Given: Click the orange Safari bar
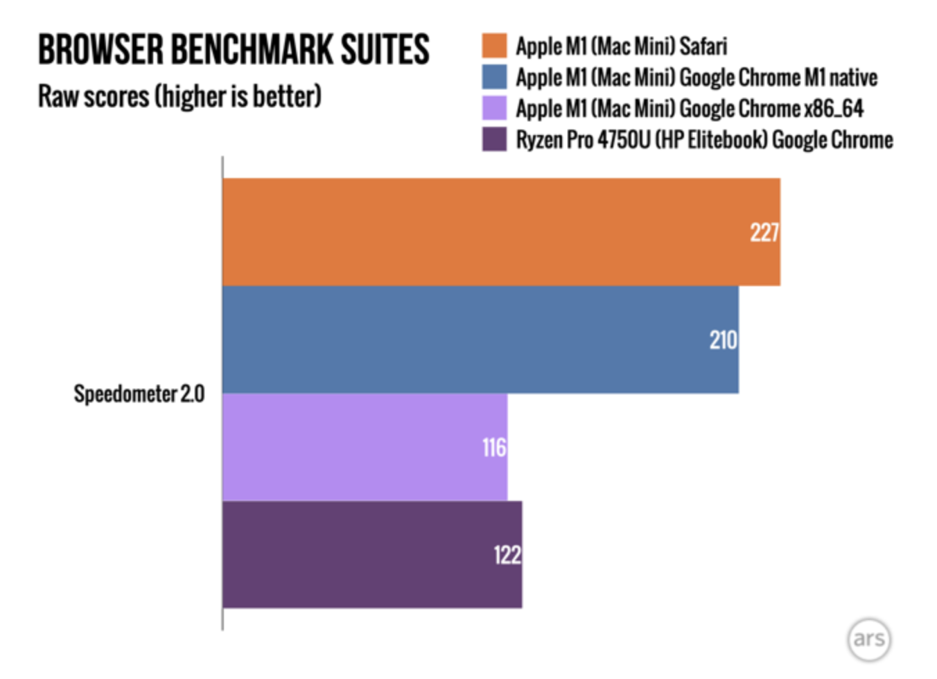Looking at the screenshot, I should click(x=485, y=231).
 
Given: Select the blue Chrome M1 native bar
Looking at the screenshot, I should click(x=471, y=339).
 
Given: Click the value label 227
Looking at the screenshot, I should click(x=764, y=232).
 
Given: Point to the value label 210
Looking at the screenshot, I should click(x=723, y=339).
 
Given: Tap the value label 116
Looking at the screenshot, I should click(x=494, y=448).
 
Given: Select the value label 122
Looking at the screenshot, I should click(x=507, y=555).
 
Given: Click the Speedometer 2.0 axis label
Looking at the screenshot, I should click(x=139, y=394).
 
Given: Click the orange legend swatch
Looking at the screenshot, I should click(x=494, y=46).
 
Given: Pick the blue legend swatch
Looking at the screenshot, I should click(x=494, y=77).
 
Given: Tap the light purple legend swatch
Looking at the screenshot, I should click(x=494, y=108).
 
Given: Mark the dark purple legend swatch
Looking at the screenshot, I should click(x=494, y=139).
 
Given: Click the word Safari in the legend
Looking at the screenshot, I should click(x=703, y=46).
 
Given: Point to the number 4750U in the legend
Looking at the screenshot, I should click(x=624, y=140).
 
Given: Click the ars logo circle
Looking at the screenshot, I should click(x=868, y=639).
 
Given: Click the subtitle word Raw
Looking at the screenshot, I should click(x=58, y=96).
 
